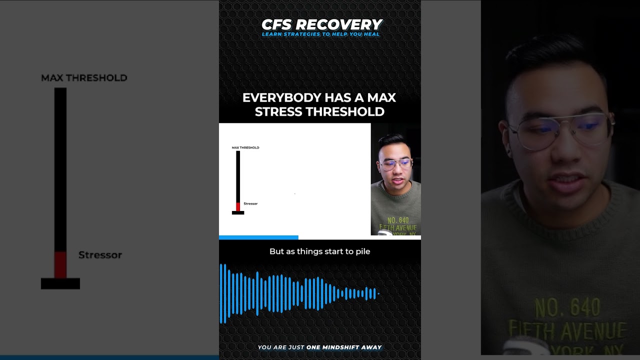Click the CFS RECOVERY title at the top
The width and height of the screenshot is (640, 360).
point(321,24)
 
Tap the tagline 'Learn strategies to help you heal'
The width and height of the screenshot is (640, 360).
point(320,34)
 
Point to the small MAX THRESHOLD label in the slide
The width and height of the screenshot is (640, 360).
point(245,148)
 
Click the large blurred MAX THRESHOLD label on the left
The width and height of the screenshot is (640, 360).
point(84,78)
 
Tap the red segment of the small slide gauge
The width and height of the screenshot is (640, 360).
point(238,207)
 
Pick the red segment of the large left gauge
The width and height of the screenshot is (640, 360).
point(60,264)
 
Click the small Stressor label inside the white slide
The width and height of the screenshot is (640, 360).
point(250,204)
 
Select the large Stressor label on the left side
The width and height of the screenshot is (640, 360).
point(100,255)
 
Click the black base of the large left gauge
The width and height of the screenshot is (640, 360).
point(60,283)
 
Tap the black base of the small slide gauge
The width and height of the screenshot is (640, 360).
point(238,213)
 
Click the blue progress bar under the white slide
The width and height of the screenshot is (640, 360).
point(258,237)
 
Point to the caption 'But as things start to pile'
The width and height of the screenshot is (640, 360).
point(319,251)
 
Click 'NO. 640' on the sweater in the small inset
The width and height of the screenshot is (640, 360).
point(398,220)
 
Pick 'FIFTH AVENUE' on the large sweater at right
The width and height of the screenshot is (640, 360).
point(568,330)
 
